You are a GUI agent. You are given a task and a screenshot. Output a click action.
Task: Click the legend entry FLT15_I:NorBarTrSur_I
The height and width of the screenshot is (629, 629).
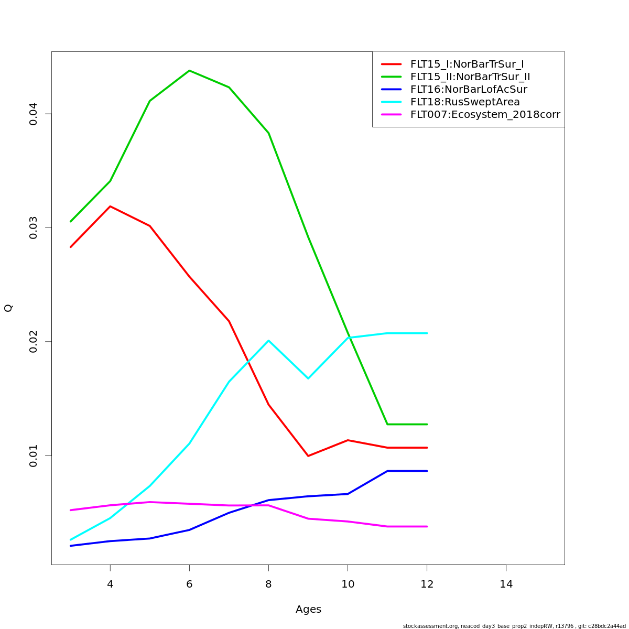tap(467, 64)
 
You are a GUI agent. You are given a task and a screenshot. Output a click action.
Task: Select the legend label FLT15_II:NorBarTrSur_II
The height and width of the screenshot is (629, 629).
tap(470, 77)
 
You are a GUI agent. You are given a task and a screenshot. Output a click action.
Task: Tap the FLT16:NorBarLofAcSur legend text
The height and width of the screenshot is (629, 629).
tap(469, 90)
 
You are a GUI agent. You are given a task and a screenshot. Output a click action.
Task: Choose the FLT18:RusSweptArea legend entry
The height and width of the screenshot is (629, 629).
tap(465, 102)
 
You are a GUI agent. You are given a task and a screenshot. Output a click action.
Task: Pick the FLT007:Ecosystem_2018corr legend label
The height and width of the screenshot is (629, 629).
tap(485, 115)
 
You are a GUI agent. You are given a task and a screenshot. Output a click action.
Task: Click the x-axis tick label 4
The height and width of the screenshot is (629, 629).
tap(110, 584)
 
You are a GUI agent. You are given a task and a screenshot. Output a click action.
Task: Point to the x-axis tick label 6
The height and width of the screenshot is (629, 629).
tap(189, 584)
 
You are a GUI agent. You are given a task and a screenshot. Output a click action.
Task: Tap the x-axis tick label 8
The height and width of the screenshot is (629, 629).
tap(268, 584)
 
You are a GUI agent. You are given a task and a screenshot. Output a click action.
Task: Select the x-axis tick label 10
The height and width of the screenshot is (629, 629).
tap(348, 584)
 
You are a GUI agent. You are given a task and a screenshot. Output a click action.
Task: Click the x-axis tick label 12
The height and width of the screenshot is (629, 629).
tap(427, 584)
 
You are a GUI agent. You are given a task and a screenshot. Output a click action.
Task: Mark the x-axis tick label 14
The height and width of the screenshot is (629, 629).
tap(506, 584)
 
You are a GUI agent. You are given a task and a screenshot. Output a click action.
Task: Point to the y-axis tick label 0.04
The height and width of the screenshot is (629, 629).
tap(34, 114)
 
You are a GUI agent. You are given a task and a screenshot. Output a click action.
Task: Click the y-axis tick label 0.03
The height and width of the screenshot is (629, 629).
tap(34, 227)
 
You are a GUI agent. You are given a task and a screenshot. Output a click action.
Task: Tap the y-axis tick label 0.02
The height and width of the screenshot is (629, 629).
tap(34, 342)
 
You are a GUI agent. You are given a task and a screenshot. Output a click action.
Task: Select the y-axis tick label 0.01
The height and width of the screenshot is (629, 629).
tap(34, 456)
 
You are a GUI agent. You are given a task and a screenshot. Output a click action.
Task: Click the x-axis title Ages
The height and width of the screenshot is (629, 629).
tap(308, 610)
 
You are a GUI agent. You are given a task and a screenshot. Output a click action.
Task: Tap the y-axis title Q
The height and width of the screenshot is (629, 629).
tap(8, 308)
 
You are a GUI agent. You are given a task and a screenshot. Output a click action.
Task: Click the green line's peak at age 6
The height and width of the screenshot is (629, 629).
tap(189, 70)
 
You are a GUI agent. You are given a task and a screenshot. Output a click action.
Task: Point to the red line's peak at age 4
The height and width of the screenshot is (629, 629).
tap(110, 206)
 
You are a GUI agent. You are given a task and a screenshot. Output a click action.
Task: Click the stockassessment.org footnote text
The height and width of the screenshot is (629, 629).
tap(514, 626)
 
